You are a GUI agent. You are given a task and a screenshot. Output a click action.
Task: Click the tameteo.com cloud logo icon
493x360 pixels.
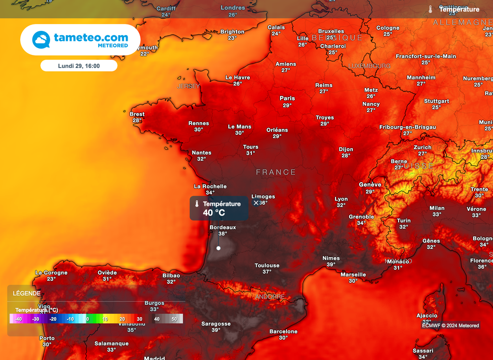coord(41,40)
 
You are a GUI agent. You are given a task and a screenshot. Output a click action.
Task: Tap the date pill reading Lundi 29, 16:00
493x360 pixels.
coord(79,66)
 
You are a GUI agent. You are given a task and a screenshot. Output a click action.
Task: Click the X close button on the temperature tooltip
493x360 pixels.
coord(256,203)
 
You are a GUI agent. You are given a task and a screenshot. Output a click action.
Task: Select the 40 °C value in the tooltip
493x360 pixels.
coord(214,213)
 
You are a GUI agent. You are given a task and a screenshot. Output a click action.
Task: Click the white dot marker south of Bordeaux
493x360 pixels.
coord(219,248)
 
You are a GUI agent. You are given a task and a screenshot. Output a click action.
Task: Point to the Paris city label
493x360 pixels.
coord(287,98)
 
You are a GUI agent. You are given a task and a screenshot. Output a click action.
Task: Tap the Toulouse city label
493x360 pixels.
coord(267,266)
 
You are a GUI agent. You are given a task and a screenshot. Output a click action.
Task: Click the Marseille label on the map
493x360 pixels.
coord(353,275)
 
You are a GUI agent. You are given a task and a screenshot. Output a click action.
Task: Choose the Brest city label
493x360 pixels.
coord(137,114)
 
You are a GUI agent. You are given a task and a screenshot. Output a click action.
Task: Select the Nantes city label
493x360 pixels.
coord(202,153)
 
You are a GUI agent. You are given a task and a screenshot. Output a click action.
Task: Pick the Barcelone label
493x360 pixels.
coord(284,332)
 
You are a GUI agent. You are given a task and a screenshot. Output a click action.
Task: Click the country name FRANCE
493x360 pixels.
coord(276,172)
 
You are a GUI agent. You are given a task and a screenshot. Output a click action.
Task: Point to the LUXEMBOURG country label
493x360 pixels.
coord(369,66)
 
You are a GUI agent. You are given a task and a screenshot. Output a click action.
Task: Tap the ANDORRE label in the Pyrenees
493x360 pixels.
coord(270,297)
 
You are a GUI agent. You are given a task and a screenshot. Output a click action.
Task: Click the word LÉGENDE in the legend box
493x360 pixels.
coord(27,293)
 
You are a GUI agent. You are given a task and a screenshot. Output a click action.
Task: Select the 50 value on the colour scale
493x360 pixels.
coord(174,319)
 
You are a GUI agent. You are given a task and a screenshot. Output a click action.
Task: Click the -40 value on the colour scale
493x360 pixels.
coord(18,319)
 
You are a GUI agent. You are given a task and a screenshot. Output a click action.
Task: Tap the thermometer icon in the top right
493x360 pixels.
coord(430,9)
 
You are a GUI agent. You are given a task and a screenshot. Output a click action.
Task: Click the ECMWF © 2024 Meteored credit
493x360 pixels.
coord(451,325)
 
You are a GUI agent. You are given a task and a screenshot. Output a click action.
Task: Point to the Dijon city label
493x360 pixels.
coord(346,149)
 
